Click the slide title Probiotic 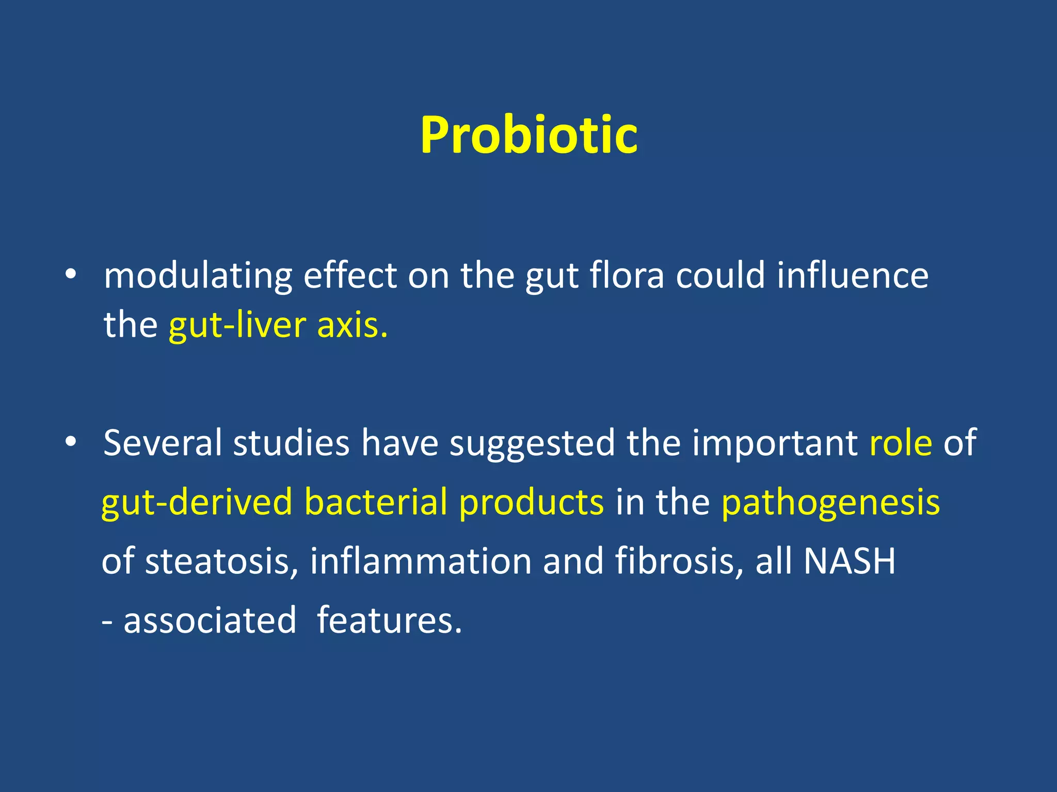click(528, 135)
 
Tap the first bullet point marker click(71, 274)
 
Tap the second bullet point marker click(71, 442)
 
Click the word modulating click(198, 276)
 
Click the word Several click(162, 442)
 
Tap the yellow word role click(901, 443)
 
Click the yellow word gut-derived click(197, 502)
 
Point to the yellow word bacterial click(375, 501)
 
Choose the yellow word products click(531, 502)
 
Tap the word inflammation click(421, 561)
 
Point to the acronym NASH click(850, 561)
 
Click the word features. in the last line click(389, 620)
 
